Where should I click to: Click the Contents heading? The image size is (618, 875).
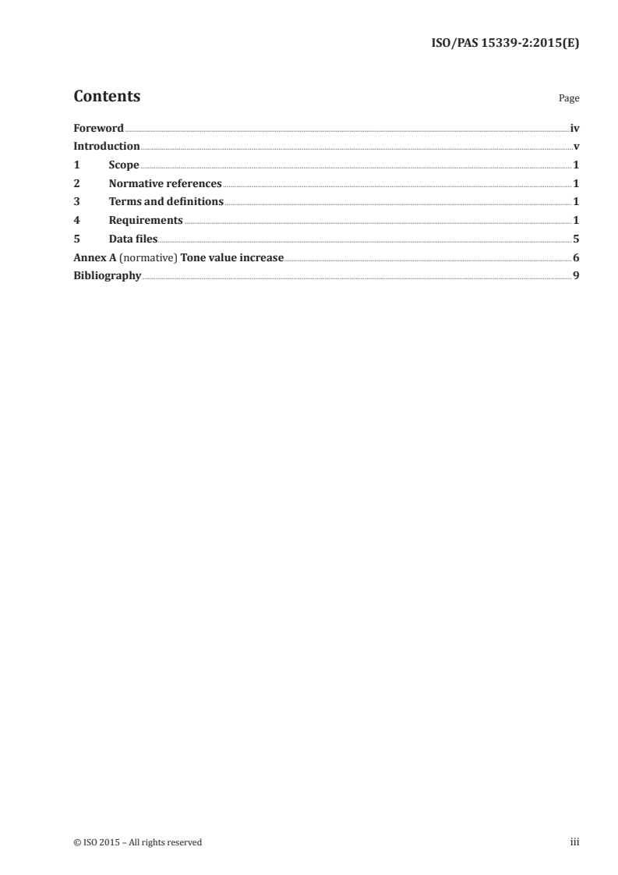point(107,97)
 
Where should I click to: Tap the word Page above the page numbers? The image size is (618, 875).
point(569,99)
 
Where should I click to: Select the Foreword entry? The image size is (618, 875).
point(98,128)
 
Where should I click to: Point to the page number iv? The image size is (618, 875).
point(574,128)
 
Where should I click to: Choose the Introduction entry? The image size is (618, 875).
point(107,147)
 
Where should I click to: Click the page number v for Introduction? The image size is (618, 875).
point(576,147)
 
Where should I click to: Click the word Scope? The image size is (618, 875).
point(124,165)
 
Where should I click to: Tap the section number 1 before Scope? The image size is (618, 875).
point(76,165)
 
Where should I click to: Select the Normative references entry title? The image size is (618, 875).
point(165,184)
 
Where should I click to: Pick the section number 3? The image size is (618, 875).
point(76,202)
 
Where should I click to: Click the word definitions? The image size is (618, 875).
point(191,202)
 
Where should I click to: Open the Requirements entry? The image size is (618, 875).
point(146,221)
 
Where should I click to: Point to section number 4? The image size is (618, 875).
point(76,221)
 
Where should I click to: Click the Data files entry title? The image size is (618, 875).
point(133,239)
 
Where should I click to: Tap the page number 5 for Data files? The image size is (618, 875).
point(576,239)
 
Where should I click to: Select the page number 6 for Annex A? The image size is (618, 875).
point(576,258)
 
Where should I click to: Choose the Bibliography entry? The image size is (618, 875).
point(107,276)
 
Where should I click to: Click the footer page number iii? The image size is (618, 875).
point(574,841)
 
